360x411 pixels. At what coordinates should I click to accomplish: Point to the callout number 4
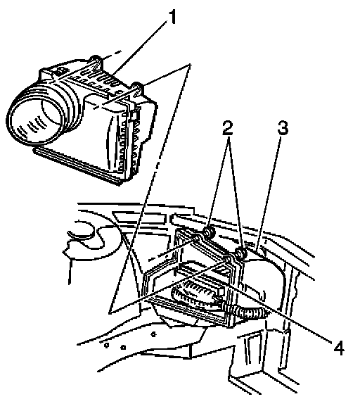[339, 348]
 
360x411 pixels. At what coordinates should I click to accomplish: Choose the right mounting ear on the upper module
[137, 88]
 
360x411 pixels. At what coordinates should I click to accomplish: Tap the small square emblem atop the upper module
[62, 70]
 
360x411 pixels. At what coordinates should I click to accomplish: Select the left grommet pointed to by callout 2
[209, 232]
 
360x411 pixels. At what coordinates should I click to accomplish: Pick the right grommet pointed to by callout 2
[240, 253]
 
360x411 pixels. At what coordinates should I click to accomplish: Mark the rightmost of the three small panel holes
[154, 334]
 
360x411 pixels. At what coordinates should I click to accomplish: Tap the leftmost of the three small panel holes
[106, 346]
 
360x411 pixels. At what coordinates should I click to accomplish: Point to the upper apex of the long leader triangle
[190, 64]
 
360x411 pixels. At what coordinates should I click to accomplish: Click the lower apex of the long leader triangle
[110, 312]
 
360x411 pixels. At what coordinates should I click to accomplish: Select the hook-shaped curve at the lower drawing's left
[86, 233]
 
